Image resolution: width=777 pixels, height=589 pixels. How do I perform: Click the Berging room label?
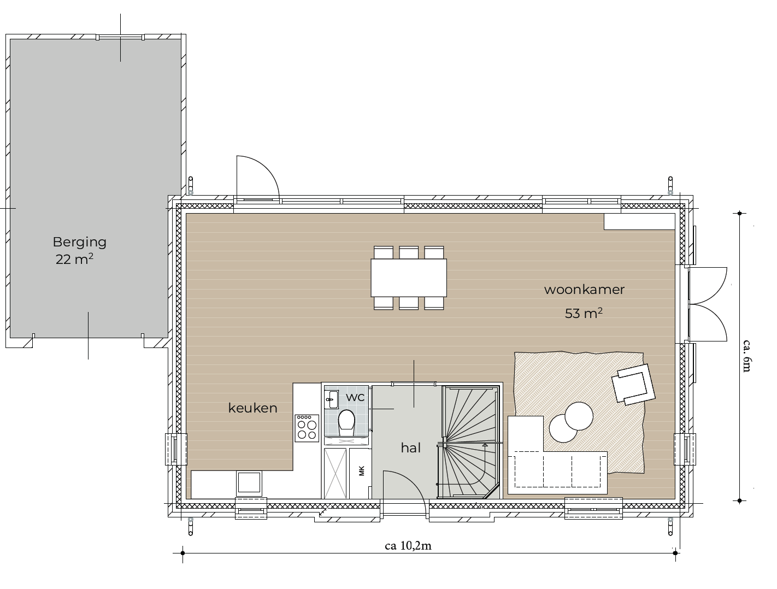(79, 242)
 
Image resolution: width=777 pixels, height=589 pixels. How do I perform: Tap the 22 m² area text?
(74, 259)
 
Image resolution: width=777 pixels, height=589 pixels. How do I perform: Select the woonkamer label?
(584, 290)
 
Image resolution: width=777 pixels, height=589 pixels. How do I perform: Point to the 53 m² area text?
(584, 313)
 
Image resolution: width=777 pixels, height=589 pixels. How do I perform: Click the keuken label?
(252, 408)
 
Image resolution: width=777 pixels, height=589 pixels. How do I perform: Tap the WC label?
(355, 397)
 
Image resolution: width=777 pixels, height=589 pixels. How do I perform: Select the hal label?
(410, 448)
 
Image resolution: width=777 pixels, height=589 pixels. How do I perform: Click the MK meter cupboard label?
(361, 471)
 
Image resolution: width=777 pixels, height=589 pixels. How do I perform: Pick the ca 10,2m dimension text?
(408, 545)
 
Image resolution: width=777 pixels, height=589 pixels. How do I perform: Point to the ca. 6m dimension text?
(747, 355)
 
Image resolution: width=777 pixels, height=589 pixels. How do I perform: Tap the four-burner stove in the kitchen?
(307, 428)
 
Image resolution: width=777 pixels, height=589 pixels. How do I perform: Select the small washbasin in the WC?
(332, 399)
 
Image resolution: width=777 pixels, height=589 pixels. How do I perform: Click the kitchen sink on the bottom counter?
(249, 483)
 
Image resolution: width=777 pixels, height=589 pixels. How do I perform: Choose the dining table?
(409, 278)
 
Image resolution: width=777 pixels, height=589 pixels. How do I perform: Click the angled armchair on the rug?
(633, 385)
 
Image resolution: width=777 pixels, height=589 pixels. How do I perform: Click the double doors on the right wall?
(708, 304)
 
